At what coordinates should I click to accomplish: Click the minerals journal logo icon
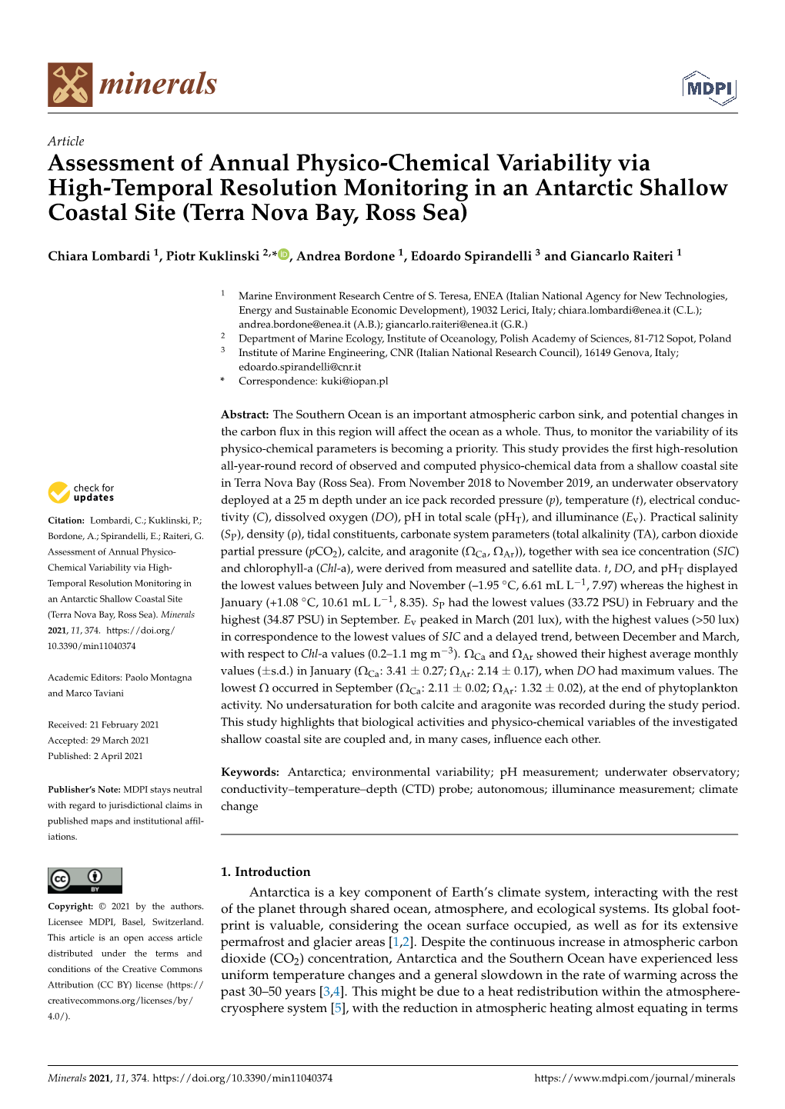coord(70,84)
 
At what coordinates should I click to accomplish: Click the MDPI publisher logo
coord(709,88)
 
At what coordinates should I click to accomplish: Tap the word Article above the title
coord(65,141)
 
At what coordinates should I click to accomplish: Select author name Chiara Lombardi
coord(99,256)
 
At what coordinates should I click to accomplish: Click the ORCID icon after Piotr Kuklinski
coord(284,255)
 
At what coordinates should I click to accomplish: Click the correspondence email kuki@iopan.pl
coord(354,381)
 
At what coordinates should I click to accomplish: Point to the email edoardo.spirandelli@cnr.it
coord(299,367)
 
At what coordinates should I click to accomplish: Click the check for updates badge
coord(81,493)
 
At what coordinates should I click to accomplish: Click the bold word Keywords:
coord(250,772)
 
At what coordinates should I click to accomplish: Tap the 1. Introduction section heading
coord(266,871)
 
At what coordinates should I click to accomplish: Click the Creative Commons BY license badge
coord(85,880)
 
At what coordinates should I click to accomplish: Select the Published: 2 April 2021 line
coord(95,756)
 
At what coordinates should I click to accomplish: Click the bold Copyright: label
coord(70,907)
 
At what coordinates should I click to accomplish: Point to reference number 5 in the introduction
coord(337,1008)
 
